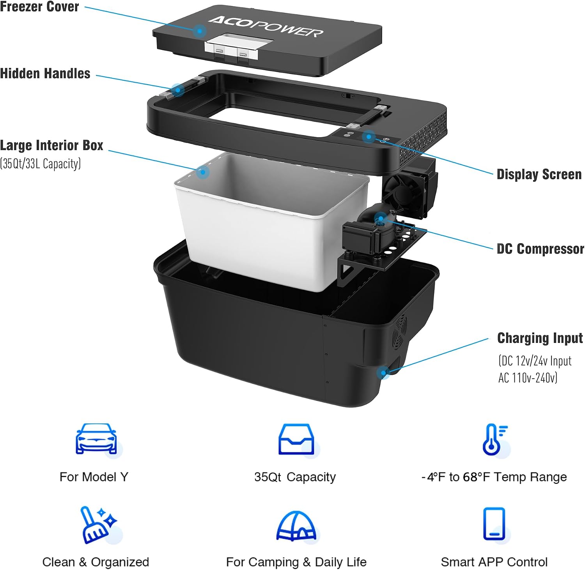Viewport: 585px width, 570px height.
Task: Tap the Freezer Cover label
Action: [x=39, y=7]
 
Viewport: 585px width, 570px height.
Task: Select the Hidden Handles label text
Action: [x=45, y=73]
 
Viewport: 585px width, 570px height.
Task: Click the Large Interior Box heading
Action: [x=51, y=145]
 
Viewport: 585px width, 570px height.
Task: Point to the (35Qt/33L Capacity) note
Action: [x=41, y=164]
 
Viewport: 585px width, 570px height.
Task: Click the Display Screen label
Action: [x=539, y=175]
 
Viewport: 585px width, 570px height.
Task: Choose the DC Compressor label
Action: [x=540, y=249]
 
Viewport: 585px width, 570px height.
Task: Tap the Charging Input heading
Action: [x=540, y=338]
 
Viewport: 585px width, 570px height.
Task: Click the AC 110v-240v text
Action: [x=528, y=378]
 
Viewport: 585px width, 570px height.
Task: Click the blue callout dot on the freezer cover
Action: [x=200, y=31]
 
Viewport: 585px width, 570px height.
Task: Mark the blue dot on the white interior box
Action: [x=202, y=172]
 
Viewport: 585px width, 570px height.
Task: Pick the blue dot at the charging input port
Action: [x=383, y=373]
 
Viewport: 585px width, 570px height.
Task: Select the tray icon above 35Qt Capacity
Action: [x=296, y=439]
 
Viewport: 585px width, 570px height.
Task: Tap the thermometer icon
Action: [x=493, y=439]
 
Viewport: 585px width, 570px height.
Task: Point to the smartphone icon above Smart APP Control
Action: [x=494, y=524]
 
